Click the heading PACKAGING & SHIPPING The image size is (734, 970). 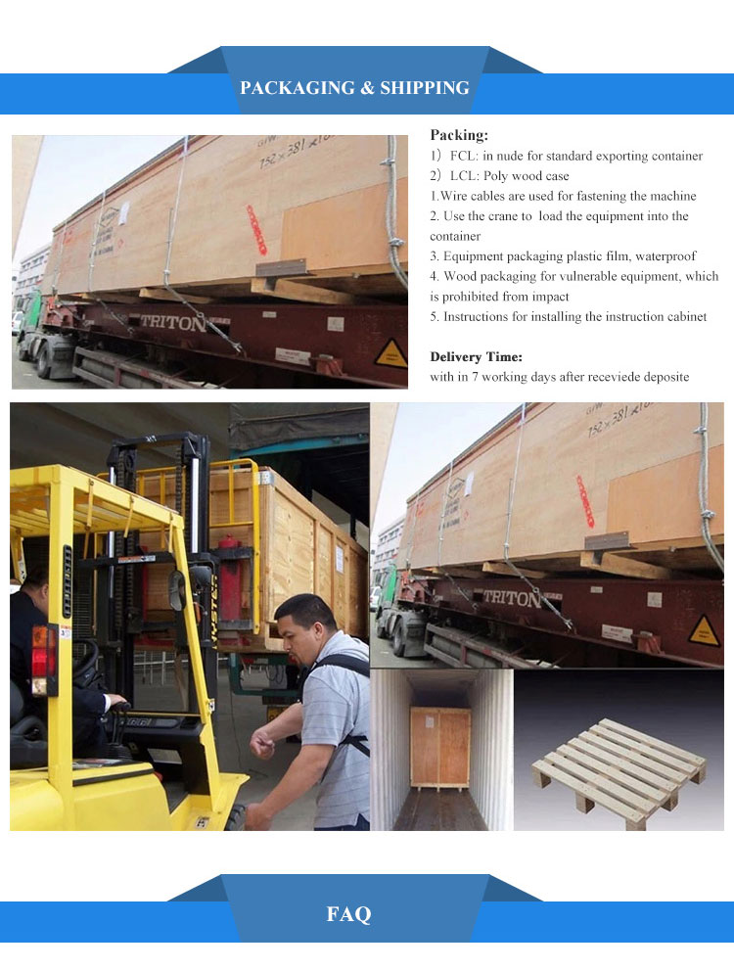(354, 88)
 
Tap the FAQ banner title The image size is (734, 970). (348, 913)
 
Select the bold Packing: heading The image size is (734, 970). (459, 135)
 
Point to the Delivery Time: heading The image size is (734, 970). (477, 357)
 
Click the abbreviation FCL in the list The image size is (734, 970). (463, 156)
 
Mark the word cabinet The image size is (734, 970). (686, 317)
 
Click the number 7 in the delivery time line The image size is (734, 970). (475, 377)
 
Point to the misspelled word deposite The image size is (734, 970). (665, 378)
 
